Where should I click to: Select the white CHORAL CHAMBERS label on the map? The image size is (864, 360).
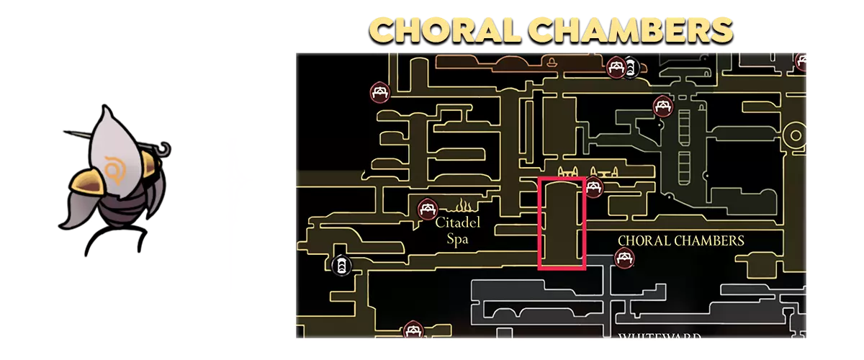680,240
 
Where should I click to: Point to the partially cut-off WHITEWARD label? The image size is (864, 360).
651,335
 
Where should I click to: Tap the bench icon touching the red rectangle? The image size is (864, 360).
593,188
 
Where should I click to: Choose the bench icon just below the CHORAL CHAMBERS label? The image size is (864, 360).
624,257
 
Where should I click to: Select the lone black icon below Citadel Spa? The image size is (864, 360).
341,265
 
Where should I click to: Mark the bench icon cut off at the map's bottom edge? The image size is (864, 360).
413,330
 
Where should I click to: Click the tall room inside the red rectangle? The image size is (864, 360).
562,223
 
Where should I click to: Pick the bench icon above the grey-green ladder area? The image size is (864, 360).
662,107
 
